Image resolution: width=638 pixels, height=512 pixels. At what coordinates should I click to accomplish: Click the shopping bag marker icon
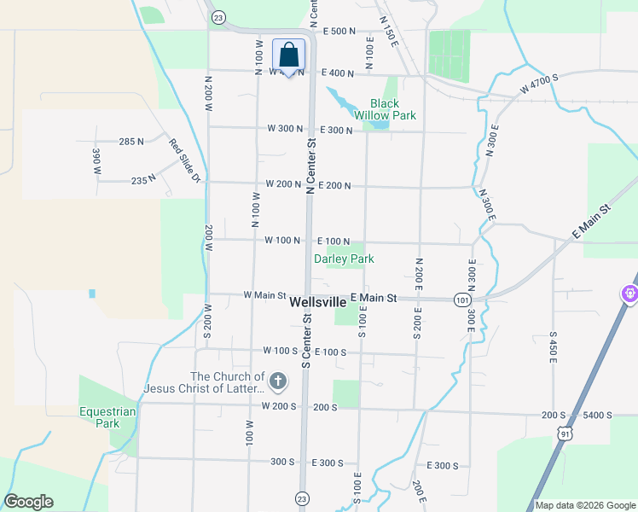point(289,55)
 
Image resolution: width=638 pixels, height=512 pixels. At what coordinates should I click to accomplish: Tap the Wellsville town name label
point(318,302)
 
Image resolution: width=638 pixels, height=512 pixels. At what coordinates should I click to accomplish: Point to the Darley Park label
point(345,259)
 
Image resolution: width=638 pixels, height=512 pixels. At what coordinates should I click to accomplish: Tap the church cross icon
point(277,381)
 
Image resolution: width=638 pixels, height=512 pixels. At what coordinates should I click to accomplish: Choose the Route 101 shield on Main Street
point(462,300)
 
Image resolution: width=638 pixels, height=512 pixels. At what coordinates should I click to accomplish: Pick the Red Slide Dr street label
point(183,161)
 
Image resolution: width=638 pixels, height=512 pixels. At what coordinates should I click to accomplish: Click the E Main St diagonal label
point(593,221)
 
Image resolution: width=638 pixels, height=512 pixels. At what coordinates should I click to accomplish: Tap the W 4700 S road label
point(539,83)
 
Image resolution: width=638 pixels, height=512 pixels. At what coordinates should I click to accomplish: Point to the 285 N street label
point(131,142)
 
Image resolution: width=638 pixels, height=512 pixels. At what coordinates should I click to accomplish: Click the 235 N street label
point(143,179)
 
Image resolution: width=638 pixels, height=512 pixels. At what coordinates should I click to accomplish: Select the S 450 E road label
point(553,348)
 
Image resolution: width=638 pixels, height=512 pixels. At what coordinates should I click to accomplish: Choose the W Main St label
point(264,295)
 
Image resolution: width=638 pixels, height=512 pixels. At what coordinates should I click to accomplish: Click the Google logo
point(28,502)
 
